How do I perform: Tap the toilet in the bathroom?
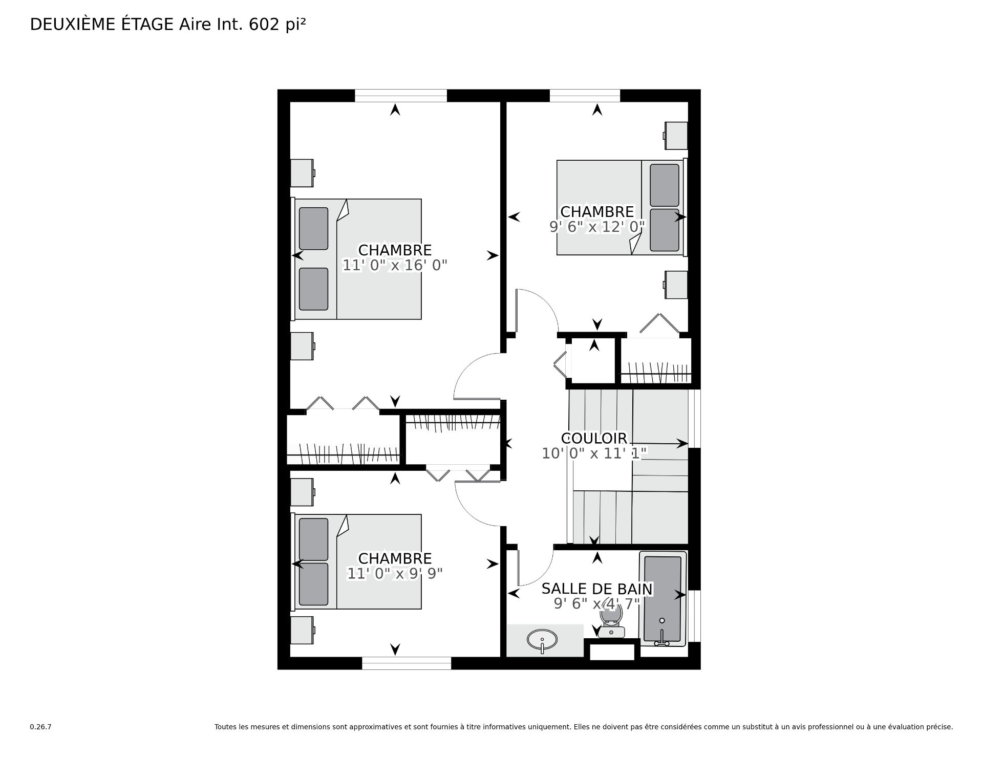[x=612, y=620]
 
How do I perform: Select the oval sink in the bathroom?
[x=542, y=640]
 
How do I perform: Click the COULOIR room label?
[x=594, y=439]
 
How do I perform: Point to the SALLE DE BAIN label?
[x=597, y=590]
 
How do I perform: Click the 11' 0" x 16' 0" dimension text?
[x=395, y=265]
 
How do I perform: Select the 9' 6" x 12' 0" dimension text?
[x=597, y=227]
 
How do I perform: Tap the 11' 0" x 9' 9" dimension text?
[x=395, y=574]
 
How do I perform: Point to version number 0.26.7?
[x=40, y=727]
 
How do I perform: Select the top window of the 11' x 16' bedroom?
[x=401, y=96]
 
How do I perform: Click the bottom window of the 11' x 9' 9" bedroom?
[x=407, y=663]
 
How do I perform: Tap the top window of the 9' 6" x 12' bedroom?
[x=585, y=96]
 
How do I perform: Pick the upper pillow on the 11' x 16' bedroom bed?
[x=313, y=229]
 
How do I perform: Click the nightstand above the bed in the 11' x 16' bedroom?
[x=303, y=173]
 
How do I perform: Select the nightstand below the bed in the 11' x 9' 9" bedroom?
[x=303, y=630]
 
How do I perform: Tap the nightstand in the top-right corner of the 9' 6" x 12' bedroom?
[x=675, y=136]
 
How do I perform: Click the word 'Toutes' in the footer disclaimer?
[x=226, y=727]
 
